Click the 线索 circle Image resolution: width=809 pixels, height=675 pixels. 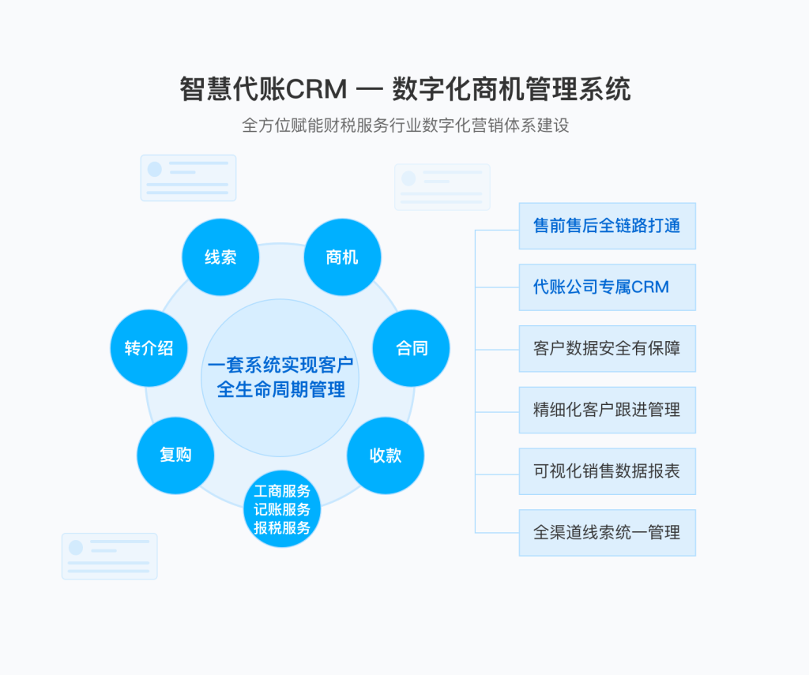click(220, 257)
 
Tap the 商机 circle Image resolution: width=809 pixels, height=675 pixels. click(342, 257)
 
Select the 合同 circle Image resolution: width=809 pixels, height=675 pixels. click(411, 348)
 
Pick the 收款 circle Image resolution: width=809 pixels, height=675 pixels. click(386, 456)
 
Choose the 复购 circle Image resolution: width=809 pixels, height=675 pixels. click(175, 455)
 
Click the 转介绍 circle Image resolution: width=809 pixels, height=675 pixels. click(149, 348)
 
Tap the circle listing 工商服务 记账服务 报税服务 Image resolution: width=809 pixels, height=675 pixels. click(282, 509)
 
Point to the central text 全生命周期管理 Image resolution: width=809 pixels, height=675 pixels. click(280, 389)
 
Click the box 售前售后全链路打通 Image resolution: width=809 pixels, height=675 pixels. click(607, 226)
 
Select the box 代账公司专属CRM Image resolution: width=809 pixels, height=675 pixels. click(607, 287)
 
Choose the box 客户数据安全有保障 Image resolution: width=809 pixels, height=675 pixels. click(607, 348)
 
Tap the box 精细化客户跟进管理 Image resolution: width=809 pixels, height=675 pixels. click(607, 410)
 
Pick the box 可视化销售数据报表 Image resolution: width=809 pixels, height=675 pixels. click(607, 471)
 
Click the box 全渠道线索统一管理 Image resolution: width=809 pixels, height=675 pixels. click(607, 533)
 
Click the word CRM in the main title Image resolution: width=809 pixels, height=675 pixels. click(316, 89)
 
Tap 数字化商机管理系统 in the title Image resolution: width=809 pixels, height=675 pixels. click(511, 89)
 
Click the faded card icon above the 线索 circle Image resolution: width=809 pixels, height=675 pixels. click(188, 178)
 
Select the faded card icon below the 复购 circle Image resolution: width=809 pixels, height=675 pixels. click(109, 556)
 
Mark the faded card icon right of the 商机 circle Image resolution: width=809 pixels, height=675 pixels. click(442, 187)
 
